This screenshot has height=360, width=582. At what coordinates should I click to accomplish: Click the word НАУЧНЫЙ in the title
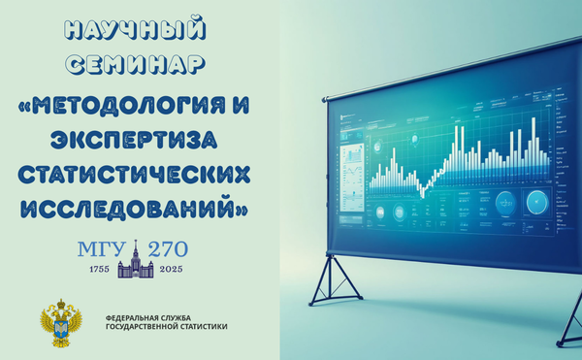pyautogui.click(x=139, y=28)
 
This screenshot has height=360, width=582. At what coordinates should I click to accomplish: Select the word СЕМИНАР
pyautogui.click(x=139, y=64)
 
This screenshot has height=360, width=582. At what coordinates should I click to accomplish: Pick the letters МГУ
pyautogui.click(x=101, y=248)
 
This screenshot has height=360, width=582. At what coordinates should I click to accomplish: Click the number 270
pyautogui.click(x=168, y=248)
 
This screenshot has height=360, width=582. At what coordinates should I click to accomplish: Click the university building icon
pyautogui.click(x=136, y=260)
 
